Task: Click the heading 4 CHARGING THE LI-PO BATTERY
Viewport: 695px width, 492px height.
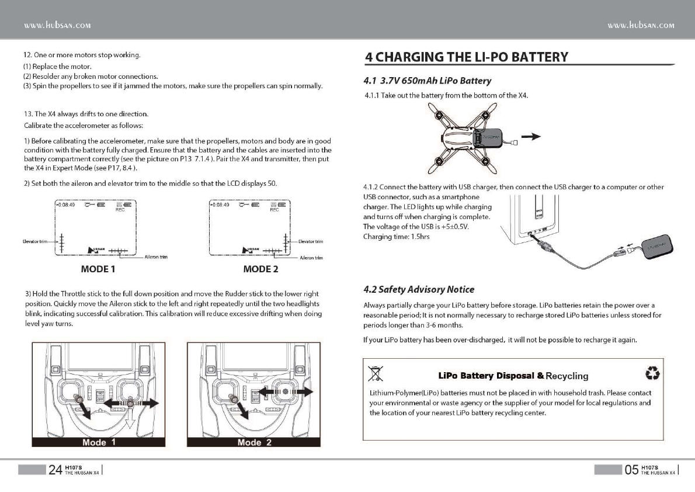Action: [x=466, y=57]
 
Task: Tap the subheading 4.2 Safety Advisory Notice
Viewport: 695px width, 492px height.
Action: [x=419, y=289]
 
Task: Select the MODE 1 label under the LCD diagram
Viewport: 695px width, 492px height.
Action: [x=98, y=269]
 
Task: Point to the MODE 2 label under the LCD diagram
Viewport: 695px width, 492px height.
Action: [x=260, y=269]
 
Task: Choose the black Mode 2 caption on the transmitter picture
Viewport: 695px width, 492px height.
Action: [x=254, y=442]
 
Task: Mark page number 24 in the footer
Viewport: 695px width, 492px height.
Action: [x=55, y=470]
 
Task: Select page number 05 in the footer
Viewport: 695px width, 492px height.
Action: [x=631, y=470]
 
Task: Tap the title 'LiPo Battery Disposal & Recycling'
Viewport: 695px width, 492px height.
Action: [x=513, y=375]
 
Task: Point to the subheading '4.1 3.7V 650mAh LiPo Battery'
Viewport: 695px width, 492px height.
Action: [x=427, y=81]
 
